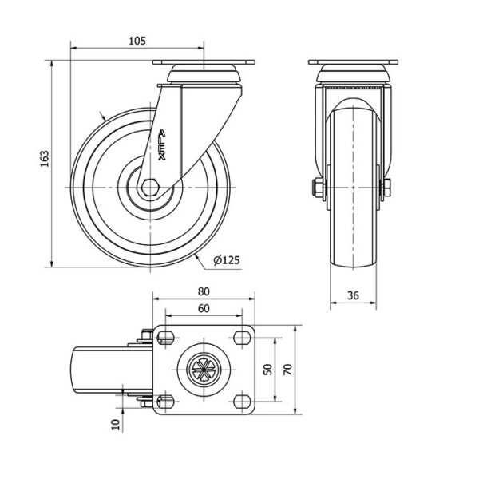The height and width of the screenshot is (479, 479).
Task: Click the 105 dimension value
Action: tap(137, 41)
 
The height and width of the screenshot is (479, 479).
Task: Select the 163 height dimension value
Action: tap(45, 159)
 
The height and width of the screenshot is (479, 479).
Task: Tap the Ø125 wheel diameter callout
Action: tap(227, 260)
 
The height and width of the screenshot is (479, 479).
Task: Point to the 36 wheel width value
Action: tap(353, 295)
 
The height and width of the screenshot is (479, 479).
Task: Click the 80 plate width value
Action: tap(204, 291)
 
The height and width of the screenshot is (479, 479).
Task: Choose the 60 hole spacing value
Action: tap(204, 308)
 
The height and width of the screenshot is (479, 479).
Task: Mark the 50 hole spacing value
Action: tap(267, 370)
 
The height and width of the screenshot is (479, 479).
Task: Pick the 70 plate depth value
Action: tap(288, 370)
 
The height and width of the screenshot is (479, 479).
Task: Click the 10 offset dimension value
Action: tap(116, 425)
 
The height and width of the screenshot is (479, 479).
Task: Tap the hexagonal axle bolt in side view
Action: tap(150, 188)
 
